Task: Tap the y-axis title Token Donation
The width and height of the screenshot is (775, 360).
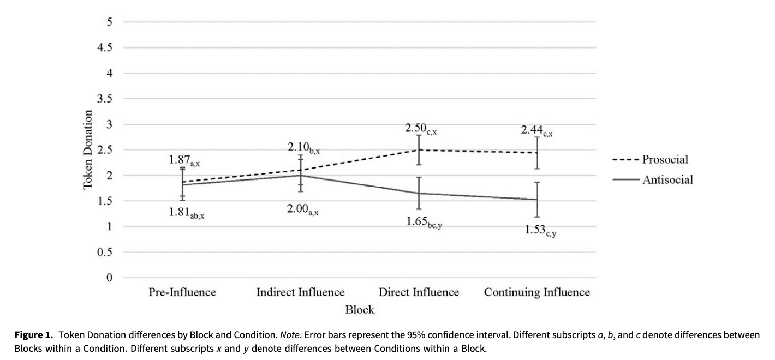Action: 87,150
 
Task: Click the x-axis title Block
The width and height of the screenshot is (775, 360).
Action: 360,310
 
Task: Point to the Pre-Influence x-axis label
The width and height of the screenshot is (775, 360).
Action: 182,292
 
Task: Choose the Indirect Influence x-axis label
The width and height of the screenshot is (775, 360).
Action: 300,292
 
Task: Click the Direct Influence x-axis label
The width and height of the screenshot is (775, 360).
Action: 419,292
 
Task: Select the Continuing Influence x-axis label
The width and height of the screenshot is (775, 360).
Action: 536,292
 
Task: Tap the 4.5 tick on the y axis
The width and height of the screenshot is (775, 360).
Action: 106,48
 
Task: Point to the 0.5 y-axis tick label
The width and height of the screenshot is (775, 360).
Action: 106,253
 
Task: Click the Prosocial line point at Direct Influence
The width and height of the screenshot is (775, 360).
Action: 419,150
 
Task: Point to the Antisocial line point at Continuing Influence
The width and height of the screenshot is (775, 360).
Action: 538,200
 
